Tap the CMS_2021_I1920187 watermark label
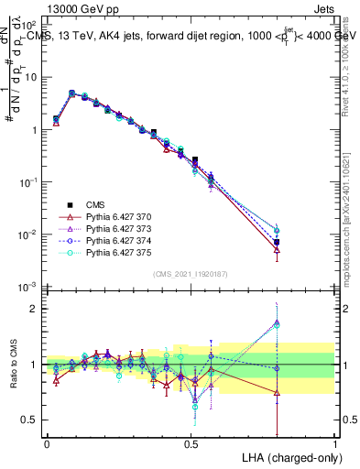tap(191, 274)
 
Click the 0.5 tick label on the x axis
tap(191, 442)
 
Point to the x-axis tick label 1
tap(334, 442)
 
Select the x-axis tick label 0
tap(47, 442)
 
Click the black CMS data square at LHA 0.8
tap(277, 243)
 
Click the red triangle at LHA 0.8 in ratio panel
tap(277, 393)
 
